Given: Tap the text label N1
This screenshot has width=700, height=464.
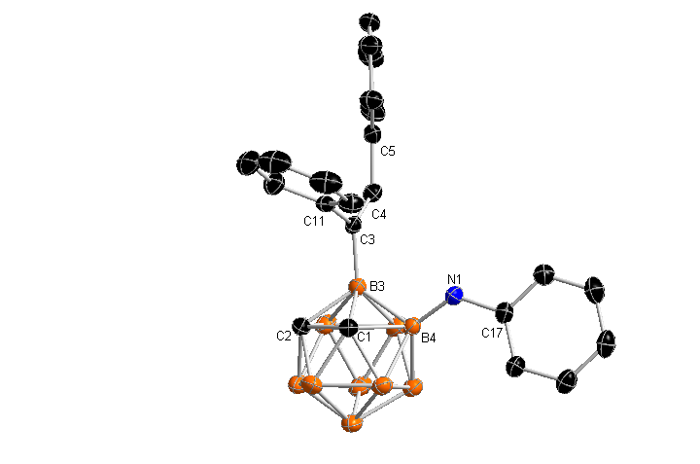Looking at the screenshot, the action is pyautogui.click(x=454, y=280).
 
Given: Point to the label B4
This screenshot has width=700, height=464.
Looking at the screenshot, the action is pyautogui.click(x=429, y=339).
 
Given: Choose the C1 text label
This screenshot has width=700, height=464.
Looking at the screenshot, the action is pyautogui.click(x=366, y=336).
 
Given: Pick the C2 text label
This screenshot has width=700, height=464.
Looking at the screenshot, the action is pyautogui.click(x=285, y=336).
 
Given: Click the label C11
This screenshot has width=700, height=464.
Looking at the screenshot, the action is pyautogui.click(x=314, y=223).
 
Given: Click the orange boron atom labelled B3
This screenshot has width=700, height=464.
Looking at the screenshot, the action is pyautogui.click(x=356, y=287).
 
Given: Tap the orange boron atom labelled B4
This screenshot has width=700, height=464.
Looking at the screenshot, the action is pyautogui.click(x=411, y=325).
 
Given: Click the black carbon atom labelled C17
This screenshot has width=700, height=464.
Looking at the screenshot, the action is pyautogui.click(x=506, y=313).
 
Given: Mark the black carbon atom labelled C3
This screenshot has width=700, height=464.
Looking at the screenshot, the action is pyautogui.click(x=354, y=227).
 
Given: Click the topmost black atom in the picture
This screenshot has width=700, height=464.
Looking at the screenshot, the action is pyautogui.click(x=368, y=21).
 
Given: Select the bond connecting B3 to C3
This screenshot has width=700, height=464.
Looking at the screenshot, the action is pyautogui.click(x=355, y=257).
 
